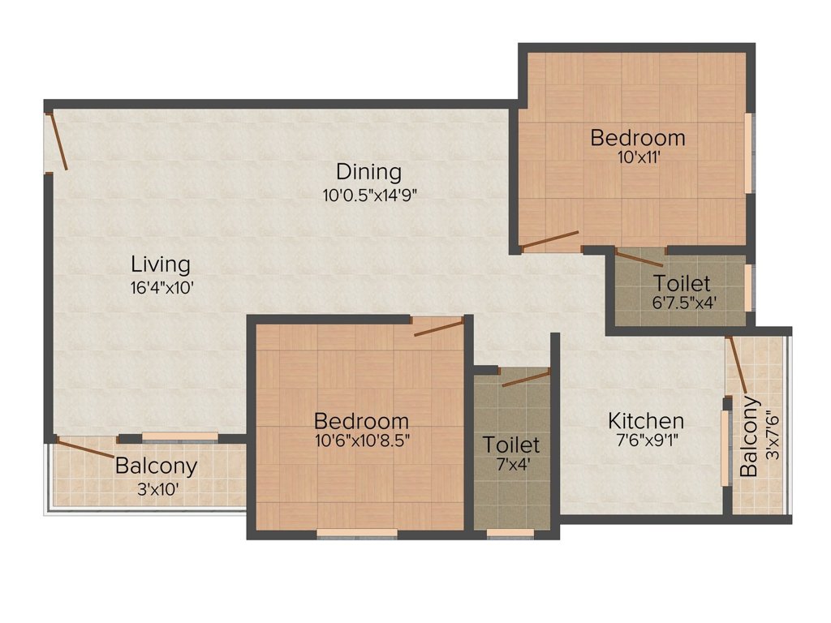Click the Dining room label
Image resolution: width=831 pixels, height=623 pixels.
click(x=369, y=172)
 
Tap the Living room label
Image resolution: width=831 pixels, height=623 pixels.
click(x=161, y=264)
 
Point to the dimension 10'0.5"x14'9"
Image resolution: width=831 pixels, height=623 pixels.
click(x=369, y=194)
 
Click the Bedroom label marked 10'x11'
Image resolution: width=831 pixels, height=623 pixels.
click(x=637, y=138)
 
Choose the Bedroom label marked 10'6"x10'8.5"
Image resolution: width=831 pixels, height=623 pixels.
click(x=361, y=422)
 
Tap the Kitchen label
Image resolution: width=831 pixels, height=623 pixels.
click(x=646, y=421)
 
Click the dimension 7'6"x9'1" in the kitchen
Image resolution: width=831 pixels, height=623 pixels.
click(x=646, y=441)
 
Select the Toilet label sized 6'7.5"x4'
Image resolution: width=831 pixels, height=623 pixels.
click(x=682, y=284)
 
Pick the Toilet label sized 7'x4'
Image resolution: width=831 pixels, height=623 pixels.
click(x=511, y=445)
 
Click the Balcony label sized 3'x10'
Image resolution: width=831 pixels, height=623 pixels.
click(x=156, y=466)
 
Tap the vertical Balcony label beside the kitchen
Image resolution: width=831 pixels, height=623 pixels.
click(x=750, y=436)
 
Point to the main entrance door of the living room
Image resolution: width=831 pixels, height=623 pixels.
click(x=57, y=142)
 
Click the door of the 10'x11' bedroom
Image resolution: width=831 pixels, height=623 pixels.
click(x=549, y=239)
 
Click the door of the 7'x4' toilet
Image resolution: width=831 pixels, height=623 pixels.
click(x=526, y=377)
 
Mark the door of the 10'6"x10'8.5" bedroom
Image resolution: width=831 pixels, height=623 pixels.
click(x=438, y=326)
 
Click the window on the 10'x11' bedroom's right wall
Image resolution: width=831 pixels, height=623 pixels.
click(x=747, y=153)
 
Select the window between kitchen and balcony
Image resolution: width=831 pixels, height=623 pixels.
click(x=725, y=448)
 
